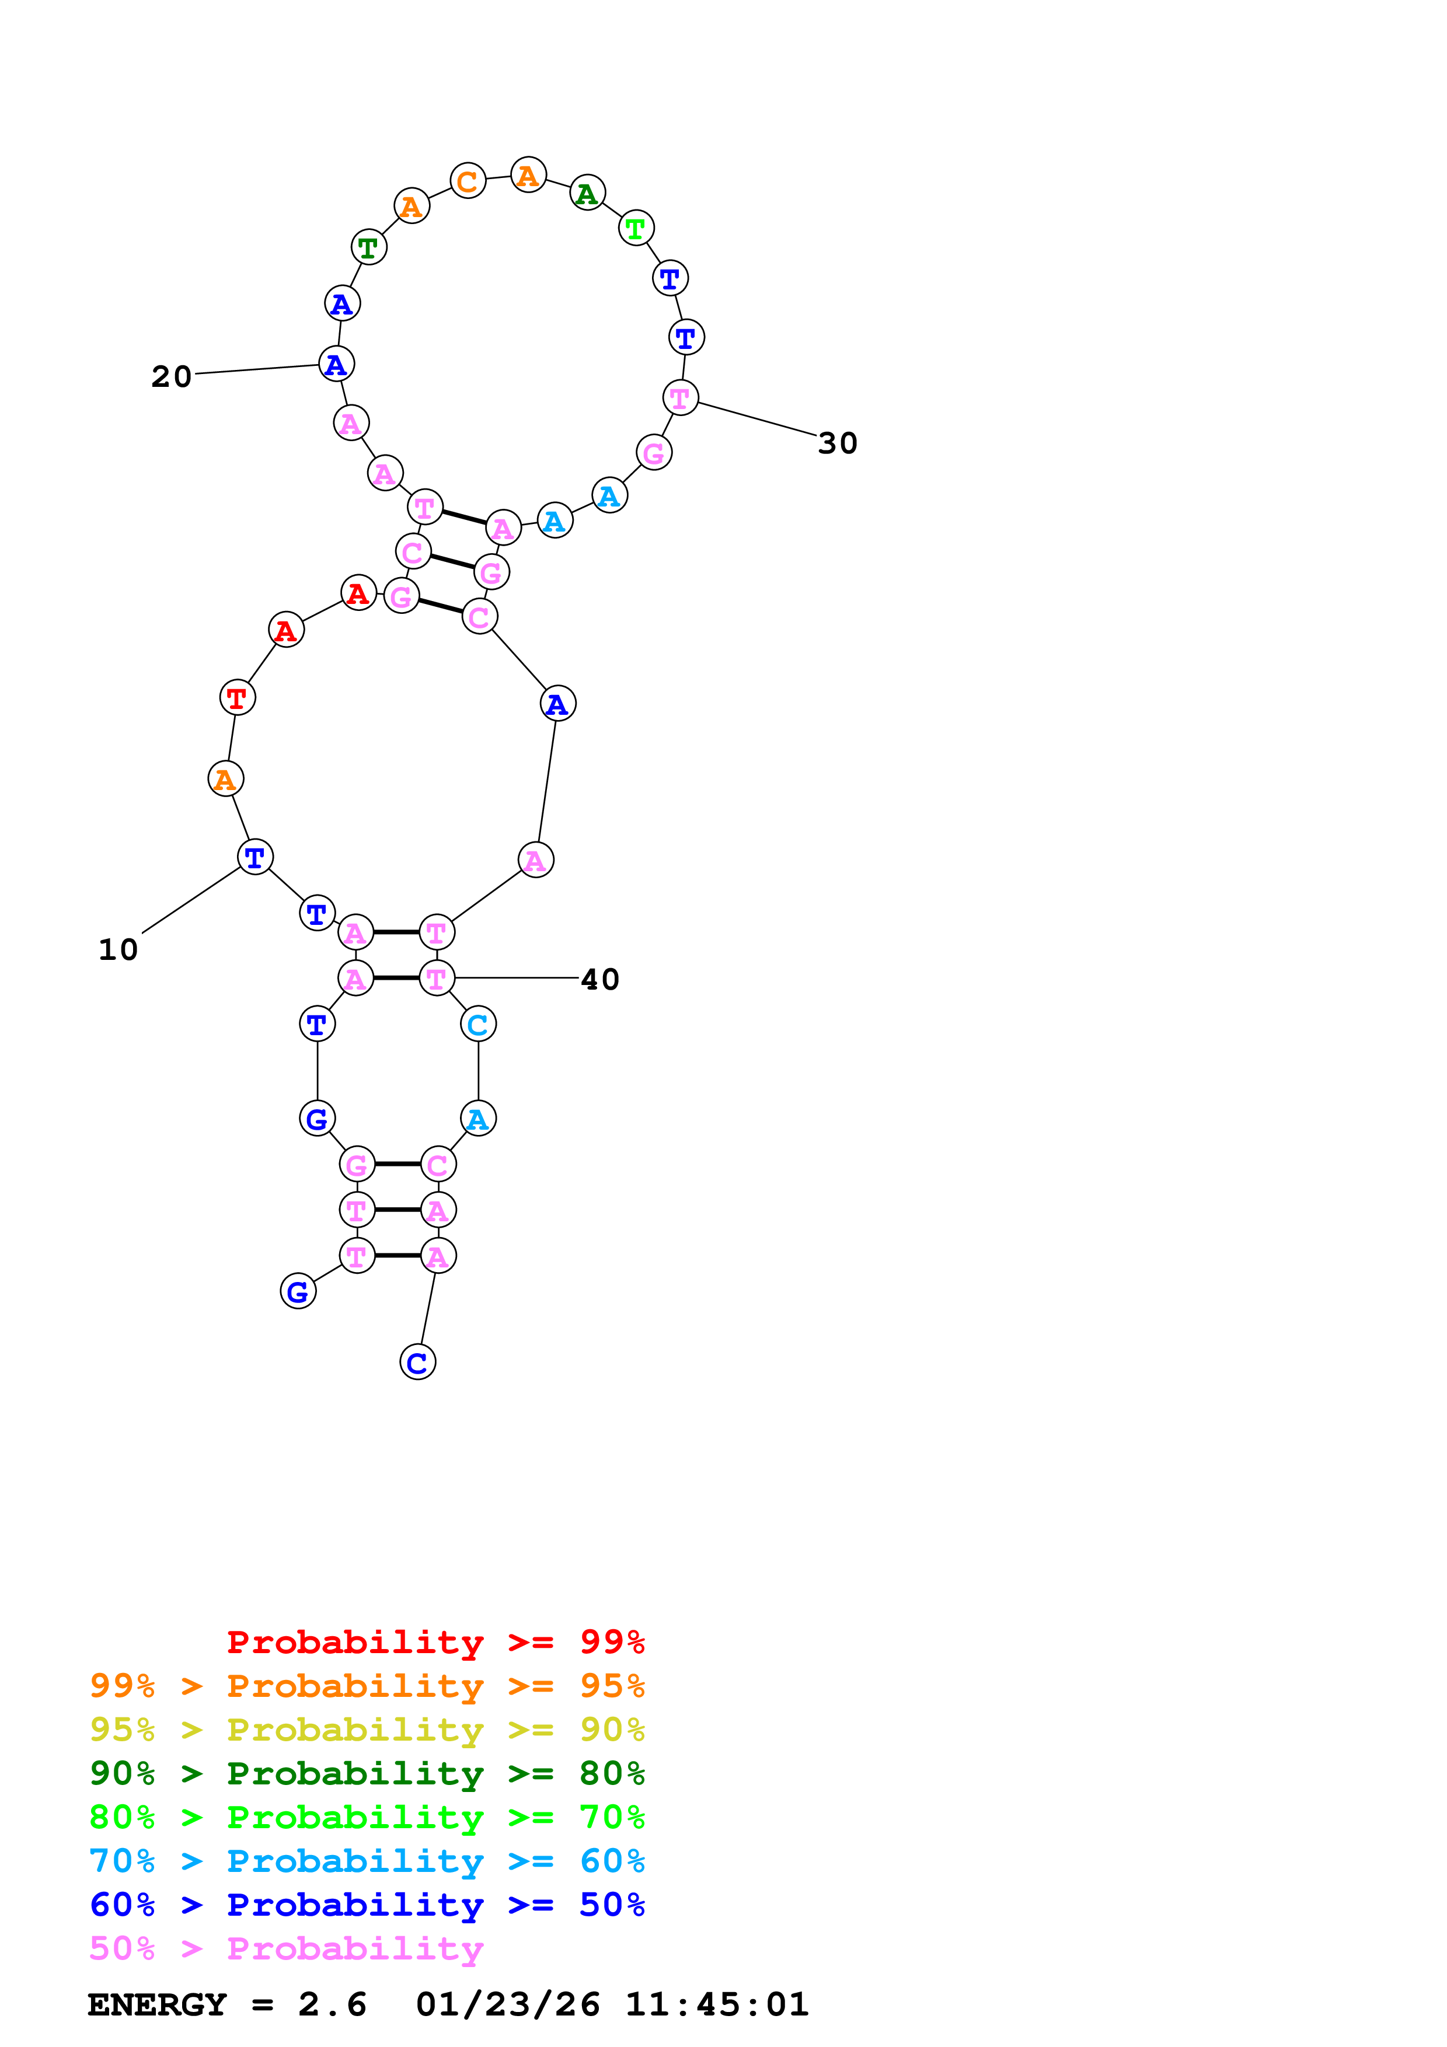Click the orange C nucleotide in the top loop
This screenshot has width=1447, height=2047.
467,182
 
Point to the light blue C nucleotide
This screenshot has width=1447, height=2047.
478,1025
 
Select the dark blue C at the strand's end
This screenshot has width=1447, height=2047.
417,1363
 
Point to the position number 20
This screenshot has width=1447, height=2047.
171,377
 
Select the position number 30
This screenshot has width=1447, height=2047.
837,443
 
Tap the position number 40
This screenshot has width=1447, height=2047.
600,980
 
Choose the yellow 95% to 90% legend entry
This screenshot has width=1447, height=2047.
367,1729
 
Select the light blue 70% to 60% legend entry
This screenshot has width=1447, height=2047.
367,1861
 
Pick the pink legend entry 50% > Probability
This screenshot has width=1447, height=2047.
286,1948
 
